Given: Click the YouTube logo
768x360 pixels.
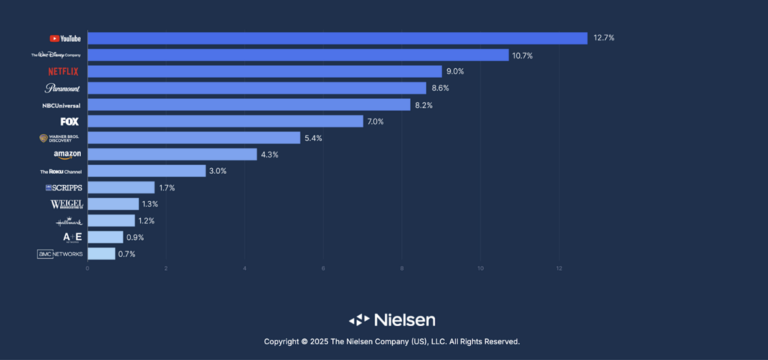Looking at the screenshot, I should pyautogui.click(x=65, y=38).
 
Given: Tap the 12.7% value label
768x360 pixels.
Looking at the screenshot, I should pyautogui.click(x=604, y=38).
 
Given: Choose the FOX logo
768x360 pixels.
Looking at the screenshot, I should pyautogui.click(x=70, y=121).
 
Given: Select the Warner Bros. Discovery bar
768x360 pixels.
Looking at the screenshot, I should pyautogui.click(x=193, y=138).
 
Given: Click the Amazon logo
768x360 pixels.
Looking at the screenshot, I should pyautogui.click(x=67, y=154).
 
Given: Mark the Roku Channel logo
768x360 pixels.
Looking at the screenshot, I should pyautogui.click(x=61, y=171).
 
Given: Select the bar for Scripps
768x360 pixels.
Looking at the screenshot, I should pyautogui.click(x=121, y=187).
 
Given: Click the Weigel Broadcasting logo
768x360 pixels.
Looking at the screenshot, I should pyautogui.click(x=66, y=204).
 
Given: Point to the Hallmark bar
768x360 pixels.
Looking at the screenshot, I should pyautogui.click(x=111, y=220).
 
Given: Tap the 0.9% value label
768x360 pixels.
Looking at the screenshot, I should pyautogui.click(x=135, y=237).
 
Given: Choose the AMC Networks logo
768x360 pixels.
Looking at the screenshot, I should pyautogui.click(x=60, y=254).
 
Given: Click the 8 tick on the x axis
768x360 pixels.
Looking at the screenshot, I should pyautogui.click(x=402, y=268).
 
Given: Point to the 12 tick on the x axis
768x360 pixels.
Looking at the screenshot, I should pyautogui.click(x=559, y=268).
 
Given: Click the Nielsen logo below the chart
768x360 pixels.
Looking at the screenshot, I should pyautogui.click(x=391, y=319).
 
